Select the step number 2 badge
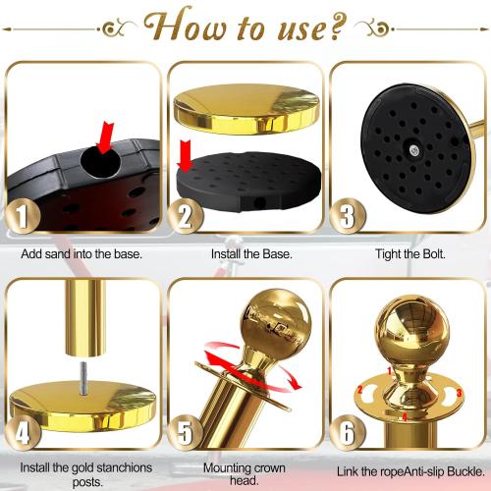point(183,214)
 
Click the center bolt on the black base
point(414,148)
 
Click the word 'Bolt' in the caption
point(434,254)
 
